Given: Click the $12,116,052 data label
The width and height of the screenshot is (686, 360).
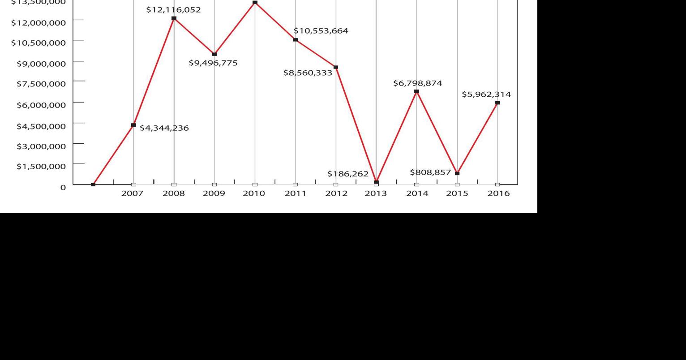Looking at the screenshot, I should pos(174,9).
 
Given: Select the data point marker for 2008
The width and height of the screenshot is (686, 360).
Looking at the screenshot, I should pos(174,18).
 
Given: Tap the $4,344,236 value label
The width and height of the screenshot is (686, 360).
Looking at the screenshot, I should pos(164,128).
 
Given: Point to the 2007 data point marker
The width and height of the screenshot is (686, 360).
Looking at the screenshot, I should pos(133,125).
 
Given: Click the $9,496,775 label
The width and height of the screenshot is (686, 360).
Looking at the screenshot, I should pos(213,63).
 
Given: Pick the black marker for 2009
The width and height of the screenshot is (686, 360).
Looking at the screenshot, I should pos(214,54).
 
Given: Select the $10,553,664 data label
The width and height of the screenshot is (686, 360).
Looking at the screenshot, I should pos(321,31).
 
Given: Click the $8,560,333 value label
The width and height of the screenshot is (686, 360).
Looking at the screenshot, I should pos(308,73).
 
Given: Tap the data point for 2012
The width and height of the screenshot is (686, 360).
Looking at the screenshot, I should pos(336,67).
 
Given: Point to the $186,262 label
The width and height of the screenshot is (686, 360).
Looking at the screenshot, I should pos(348,174).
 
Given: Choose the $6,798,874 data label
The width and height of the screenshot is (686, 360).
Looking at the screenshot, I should pos(418,83).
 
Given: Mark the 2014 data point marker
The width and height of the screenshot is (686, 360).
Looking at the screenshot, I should pos(417,91).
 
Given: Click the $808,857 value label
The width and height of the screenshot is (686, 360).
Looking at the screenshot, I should pos(430,172).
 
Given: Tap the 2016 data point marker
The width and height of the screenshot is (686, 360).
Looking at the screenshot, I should pos(497,103).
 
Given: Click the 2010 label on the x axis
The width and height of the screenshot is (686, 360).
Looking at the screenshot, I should pos(255,193).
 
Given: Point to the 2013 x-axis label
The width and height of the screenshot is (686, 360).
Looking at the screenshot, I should pos(376,193).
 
